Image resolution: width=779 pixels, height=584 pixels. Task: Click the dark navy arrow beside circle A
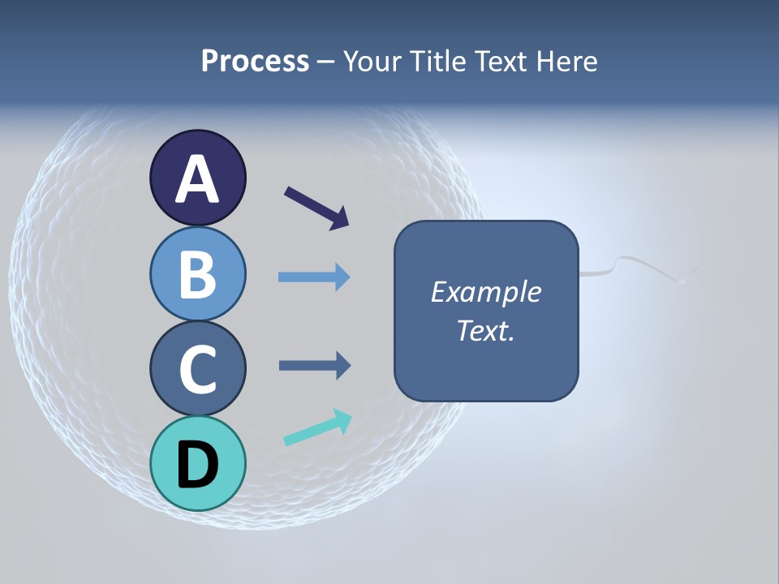316,208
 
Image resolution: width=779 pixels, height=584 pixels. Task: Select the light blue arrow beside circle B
314,277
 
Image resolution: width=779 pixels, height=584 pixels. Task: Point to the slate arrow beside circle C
314,366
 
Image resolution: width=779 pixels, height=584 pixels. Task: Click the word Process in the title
255,61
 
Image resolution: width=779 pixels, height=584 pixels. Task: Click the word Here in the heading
569,61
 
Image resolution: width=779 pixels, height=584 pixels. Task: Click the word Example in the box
485,292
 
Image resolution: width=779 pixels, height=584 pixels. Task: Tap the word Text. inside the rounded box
485,331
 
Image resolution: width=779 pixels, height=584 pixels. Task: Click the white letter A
197,180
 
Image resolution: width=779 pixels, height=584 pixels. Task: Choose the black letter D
197,466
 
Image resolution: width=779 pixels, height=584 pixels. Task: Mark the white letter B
197,275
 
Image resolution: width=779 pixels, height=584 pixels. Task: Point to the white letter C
197,370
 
